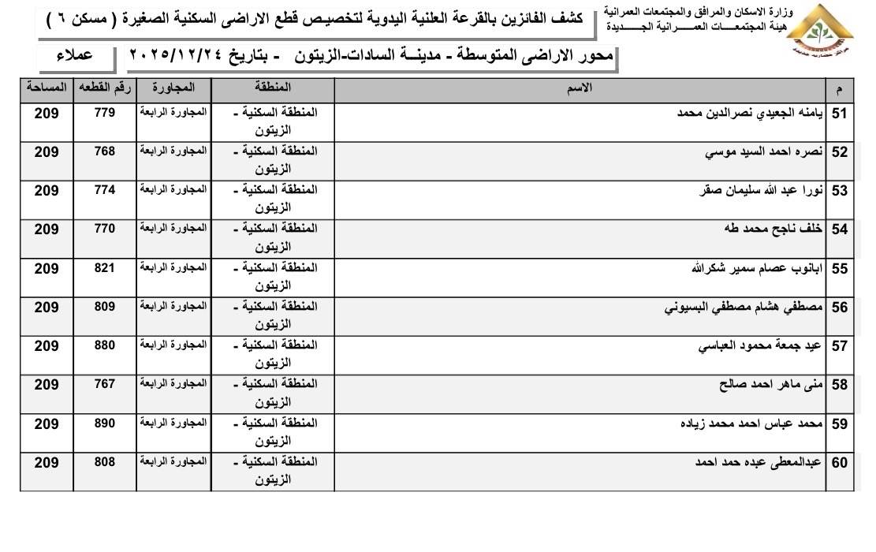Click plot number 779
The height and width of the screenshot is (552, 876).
[x=104, y=113]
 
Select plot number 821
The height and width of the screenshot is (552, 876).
[x=104, y=268]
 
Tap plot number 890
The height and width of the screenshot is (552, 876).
[x=104, y=423]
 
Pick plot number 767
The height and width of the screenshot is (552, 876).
[x=104, y=384]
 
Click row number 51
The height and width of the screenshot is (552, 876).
[x=839, y=114]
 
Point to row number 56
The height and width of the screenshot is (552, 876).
[x=839, y=308]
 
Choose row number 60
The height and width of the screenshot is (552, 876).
[x=839, y=464]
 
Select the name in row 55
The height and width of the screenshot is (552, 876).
[x=757, y=268]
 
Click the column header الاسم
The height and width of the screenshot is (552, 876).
[x=580, y=88]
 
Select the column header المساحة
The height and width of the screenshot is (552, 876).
[x=47, y=84]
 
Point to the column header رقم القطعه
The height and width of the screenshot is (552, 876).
[x=104, y=84]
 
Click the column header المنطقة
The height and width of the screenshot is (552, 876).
[x=273, y=84]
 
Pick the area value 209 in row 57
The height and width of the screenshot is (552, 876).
[x=47, y=346]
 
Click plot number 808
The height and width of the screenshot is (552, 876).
[x=104, y=462]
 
